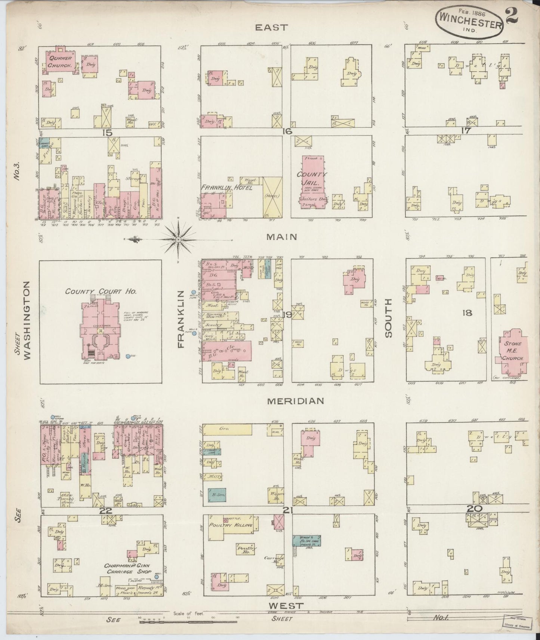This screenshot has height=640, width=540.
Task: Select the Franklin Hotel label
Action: [227, 187]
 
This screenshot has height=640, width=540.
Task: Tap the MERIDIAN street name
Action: [295, 401]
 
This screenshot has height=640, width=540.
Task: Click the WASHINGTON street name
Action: [27, 320]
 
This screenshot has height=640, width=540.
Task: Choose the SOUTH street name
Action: [389, 318]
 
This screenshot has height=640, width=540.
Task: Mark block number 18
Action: [467, 313]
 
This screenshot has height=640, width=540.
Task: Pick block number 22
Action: [106, 510]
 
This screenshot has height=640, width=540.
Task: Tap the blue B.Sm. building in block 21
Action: [217, 494]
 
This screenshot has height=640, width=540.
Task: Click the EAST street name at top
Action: [271, 27]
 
